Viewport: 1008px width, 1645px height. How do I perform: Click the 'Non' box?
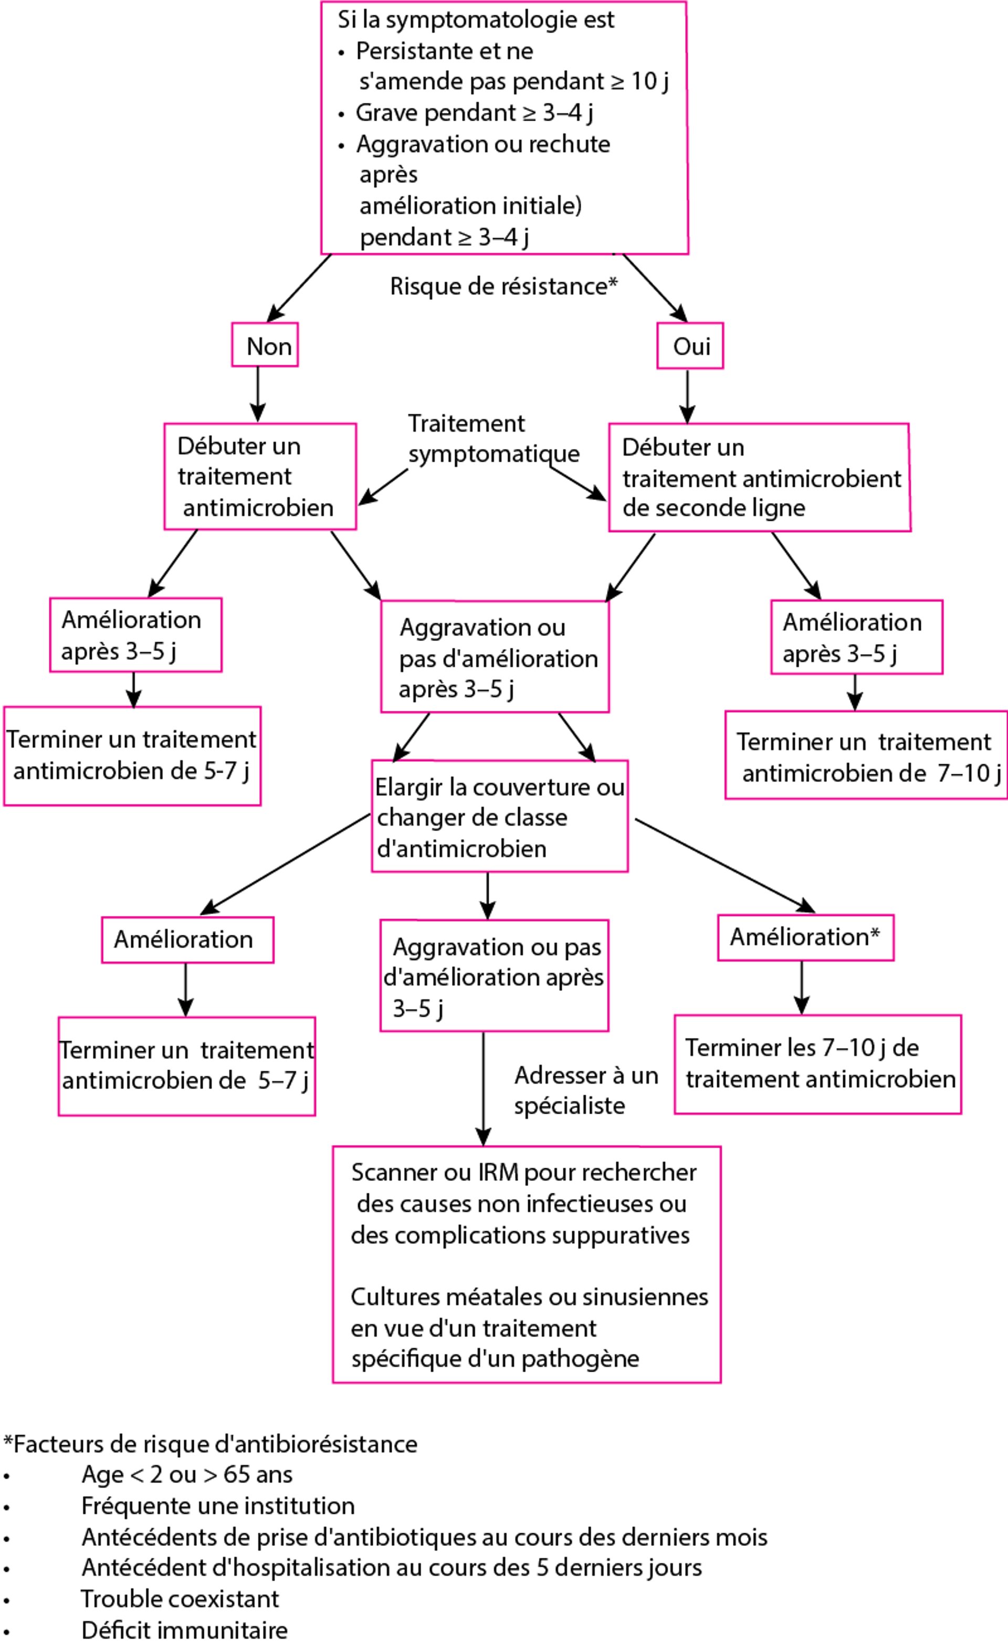click(x=265, y=345)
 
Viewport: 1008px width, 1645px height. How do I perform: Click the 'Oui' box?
click(x=689, y=346)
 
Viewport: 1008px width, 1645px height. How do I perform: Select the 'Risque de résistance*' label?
click(x=503, y=286)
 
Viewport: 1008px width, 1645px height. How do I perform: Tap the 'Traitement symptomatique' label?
click(x=493, y=439)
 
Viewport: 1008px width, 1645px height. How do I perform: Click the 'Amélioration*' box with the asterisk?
click(x=805, y=937)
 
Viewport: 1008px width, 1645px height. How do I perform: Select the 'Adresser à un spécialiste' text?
click(x=585, y=1090)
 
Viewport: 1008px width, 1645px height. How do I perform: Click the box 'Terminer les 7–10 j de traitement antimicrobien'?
click(x=817, y=1064)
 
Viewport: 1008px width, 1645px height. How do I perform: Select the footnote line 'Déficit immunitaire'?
click(x=184, y=1630)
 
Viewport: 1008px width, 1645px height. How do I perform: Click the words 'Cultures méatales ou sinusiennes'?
click(x=529, y=1297)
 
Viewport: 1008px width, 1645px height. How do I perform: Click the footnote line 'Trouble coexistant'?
click(x=180, y=1599)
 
